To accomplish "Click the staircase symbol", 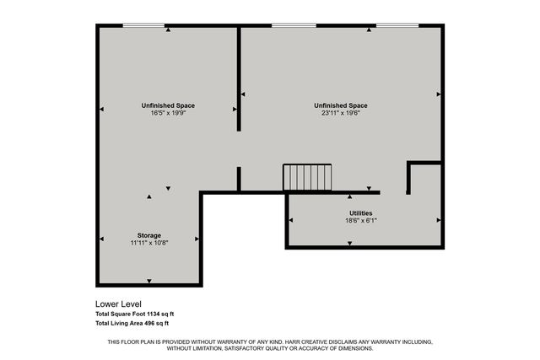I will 307,178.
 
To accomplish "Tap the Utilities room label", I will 361,213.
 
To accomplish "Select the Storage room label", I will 149,235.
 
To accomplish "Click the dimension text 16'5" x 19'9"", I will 168,113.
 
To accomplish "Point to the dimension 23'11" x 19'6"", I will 340,113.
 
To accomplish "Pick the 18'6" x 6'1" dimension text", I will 361,221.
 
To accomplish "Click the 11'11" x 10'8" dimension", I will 149,243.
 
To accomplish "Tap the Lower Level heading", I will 118,304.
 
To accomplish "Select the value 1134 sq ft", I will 154,314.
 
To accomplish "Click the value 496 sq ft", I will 154,323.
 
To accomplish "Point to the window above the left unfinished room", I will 143,25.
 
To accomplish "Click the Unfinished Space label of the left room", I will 168,105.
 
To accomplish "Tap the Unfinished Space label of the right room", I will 340,105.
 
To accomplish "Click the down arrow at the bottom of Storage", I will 149,281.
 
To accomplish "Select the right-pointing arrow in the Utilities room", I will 439,219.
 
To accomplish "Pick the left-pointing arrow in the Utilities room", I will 291,219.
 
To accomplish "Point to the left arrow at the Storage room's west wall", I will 102,239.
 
